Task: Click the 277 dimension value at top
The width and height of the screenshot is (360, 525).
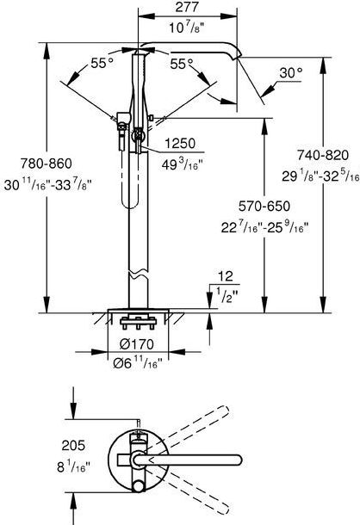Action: (187, 7)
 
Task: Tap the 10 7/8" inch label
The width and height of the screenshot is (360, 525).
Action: (186, 27)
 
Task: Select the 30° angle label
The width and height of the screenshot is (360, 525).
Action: (291, 72)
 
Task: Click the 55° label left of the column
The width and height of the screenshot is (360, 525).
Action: (102, 63)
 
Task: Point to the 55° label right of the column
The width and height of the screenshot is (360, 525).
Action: (182, 64)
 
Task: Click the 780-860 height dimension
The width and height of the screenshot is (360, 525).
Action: (47, 164)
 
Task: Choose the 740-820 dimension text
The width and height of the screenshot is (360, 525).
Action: (323, 155)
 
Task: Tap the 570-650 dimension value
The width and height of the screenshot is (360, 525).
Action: (264, 206)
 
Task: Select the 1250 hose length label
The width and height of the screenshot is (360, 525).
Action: (180, 144)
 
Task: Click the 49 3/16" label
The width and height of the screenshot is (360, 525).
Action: (183, 164)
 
